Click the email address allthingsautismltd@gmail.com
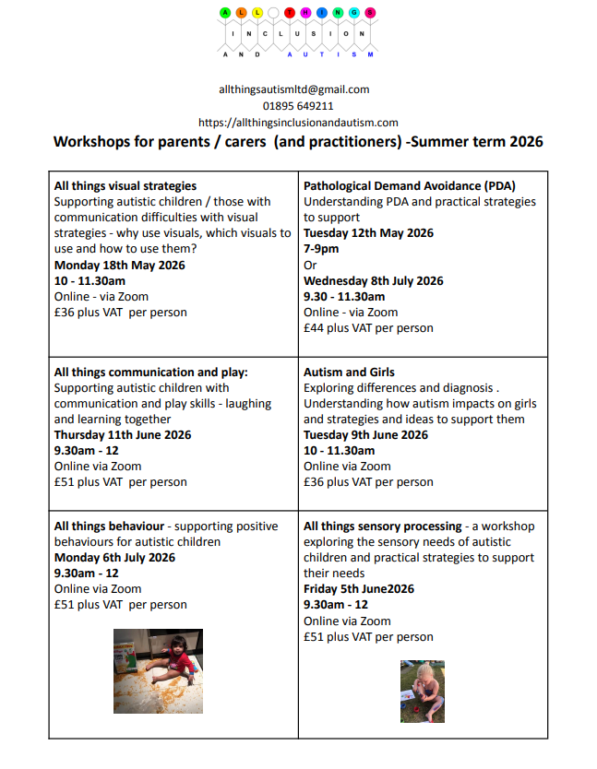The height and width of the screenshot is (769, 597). pos(293,89)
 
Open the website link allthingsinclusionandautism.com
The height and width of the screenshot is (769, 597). pos(298,123)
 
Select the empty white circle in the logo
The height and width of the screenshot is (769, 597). pos(275,13)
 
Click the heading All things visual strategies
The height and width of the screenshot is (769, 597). pos(125,186)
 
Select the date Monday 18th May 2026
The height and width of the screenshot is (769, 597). pos(119,266)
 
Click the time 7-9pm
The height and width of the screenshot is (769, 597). pos(321,250)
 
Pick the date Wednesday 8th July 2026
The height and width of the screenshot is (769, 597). pos(373,281)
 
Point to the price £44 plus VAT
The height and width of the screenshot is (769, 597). pos(368,328)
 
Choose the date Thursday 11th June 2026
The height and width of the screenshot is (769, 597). pos(123,435)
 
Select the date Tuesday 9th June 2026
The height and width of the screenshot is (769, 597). pos(365,435)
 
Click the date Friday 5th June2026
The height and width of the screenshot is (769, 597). pos(359,589)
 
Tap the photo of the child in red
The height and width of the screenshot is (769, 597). pos(158,670)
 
